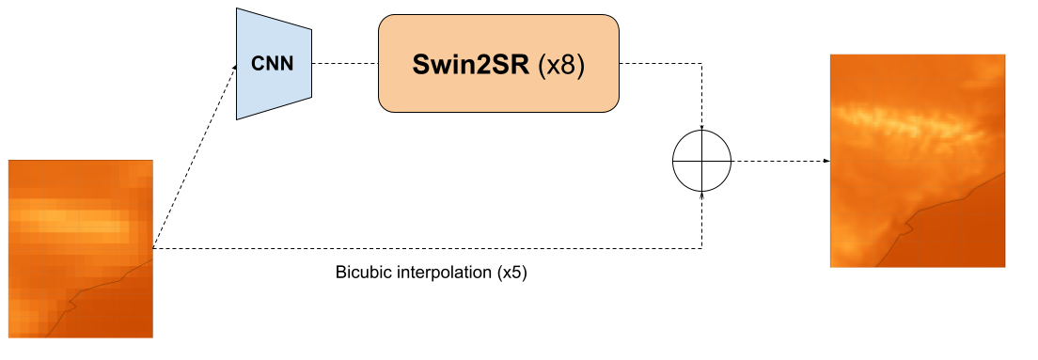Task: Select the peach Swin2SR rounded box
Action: point(498,65)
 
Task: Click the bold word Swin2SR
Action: point(471,67)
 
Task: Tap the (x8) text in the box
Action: point(561,67)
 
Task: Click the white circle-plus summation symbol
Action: point(701,161)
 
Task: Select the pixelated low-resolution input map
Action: point(80,248)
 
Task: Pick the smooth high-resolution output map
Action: point(918,160)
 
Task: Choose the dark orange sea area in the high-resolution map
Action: point(968,235)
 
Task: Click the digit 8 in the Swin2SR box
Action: point(567,67)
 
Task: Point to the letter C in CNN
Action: point(256,65)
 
